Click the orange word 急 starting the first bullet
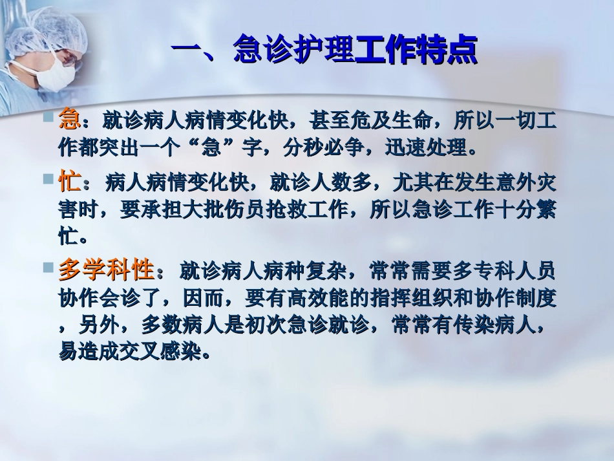(69, 120)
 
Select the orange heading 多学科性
(106, 268)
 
